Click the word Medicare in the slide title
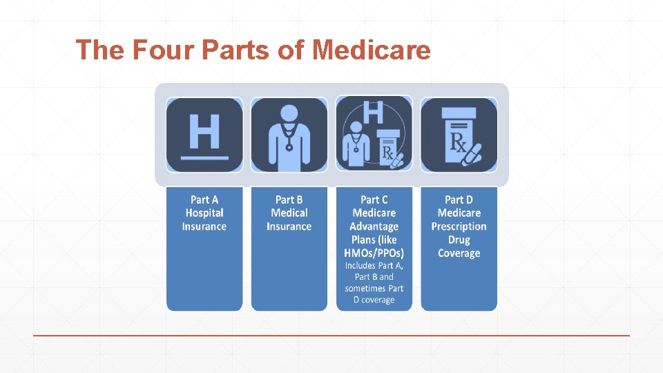372,50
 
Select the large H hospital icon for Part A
204,135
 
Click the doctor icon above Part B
289,135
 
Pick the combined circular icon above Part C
374,134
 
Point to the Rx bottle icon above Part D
459,135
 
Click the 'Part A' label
204,200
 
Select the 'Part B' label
289,200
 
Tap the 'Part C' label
374,200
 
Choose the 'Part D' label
459,200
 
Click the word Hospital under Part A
204,213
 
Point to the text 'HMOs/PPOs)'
374,253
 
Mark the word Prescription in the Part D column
459,227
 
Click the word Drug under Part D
459,240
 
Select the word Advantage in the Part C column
374,227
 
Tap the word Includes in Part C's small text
361,265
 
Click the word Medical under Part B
289,213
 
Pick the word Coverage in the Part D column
459,253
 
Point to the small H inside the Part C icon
374,112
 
